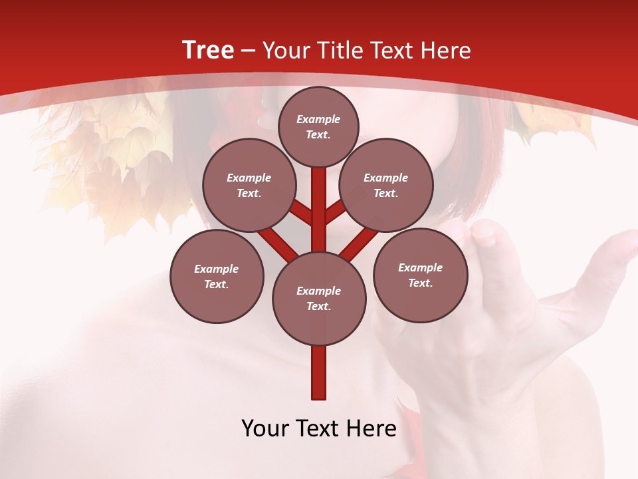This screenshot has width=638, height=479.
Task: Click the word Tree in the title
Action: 208,50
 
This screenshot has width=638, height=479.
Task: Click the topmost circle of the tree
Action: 318,126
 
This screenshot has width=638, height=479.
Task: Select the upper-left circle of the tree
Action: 249,185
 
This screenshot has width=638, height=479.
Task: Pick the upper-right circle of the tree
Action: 386,185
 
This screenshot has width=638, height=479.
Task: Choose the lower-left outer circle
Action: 217,276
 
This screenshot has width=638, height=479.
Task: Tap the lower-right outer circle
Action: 420,275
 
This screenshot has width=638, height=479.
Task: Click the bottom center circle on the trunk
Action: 319,298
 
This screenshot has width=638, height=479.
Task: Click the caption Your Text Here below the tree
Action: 319,428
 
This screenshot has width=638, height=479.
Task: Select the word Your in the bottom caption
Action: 265,428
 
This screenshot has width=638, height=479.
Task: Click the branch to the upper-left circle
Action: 301,212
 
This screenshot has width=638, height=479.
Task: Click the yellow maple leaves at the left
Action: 126,153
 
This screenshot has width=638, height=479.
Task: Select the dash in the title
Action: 249,51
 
